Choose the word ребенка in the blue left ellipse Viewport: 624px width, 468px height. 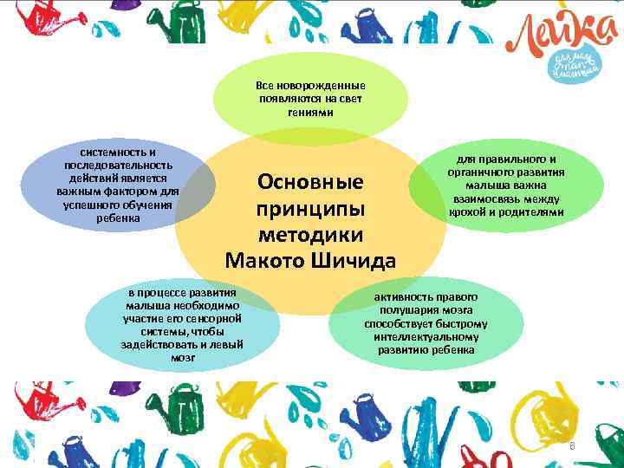pos(117,217)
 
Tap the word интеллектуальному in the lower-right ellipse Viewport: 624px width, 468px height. pos(425,336)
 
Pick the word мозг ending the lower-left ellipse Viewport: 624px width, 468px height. pos(183,356)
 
